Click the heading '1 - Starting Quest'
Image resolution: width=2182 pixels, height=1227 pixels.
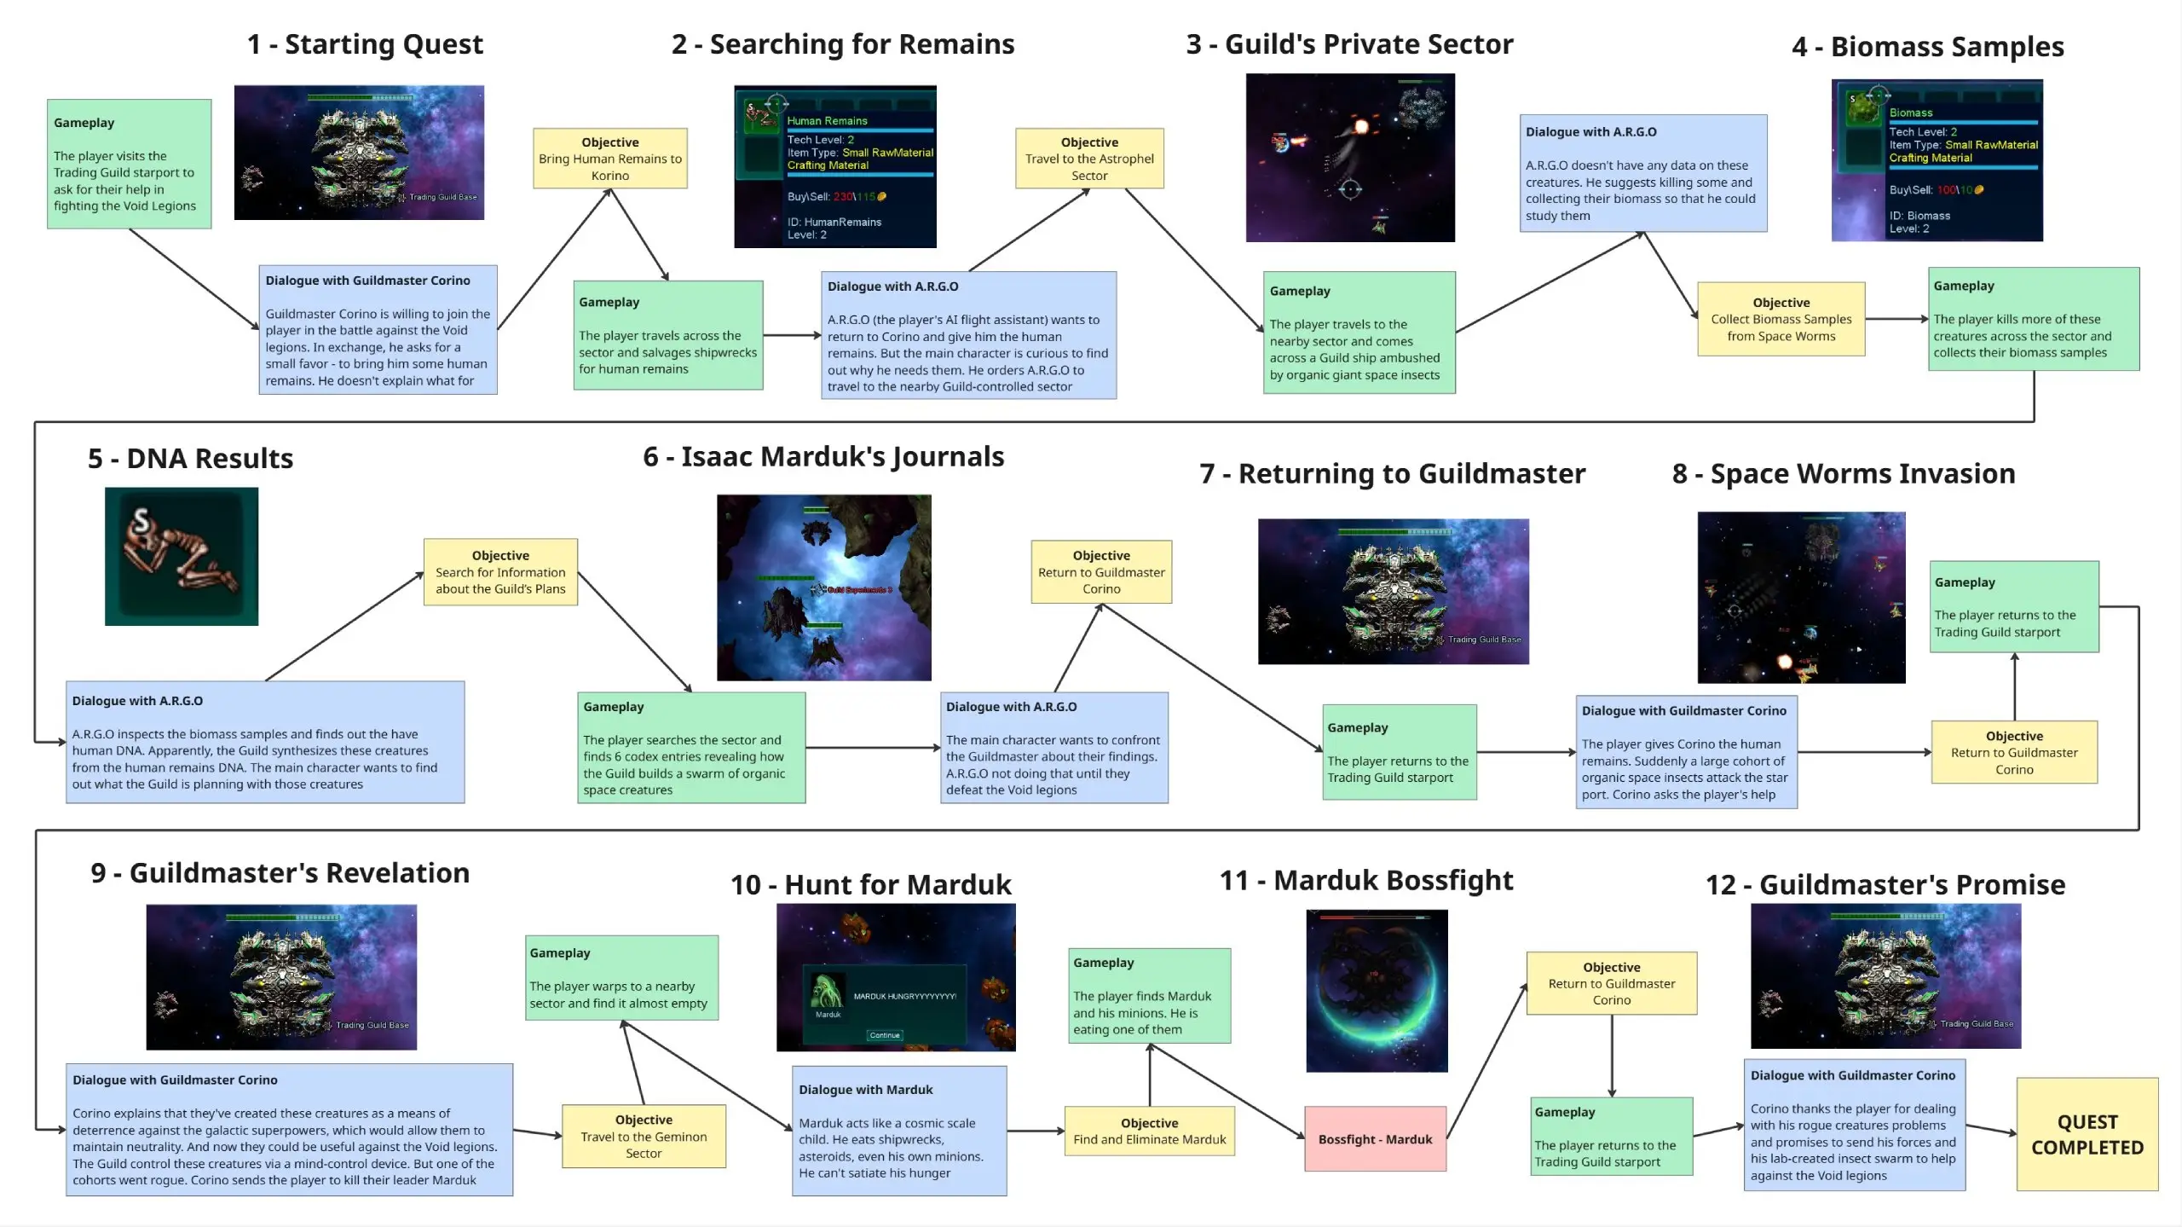(365, 44)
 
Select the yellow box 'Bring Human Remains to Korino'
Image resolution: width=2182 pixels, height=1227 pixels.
(610, 159)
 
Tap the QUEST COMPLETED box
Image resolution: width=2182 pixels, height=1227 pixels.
(2087, 1134)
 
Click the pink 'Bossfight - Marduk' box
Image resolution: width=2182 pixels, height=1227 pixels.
(1375, 1139)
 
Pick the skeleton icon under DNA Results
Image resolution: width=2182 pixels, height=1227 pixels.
(182, 556)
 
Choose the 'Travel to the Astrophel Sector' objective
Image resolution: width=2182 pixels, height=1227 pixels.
(1089, 159)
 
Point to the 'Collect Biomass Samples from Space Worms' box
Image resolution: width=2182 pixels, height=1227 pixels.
(1781, 319)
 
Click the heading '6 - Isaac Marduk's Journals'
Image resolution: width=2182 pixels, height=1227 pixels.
(823, 457)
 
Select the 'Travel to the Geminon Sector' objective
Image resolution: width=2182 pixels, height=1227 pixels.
(644, 1137)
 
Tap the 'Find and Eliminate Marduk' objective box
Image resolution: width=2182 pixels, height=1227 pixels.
(1149, 1132)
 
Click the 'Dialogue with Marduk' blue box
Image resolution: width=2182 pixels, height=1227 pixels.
(899, 1131)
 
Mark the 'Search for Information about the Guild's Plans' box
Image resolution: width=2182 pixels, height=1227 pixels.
(500, 572)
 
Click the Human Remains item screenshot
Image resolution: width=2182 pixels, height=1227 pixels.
(835, 167)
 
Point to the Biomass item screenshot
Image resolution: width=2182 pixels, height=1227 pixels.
(1937, 161)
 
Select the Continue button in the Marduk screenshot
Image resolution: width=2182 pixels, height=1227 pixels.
(885, 1035)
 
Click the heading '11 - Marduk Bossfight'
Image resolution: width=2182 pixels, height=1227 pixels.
(1366, 880)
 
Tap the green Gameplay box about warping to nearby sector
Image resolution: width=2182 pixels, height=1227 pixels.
(621, 978)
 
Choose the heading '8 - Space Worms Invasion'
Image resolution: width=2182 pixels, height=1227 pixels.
(1844, 474)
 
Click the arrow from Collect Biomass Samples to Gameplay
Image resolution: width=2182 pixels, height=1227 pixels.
(1896, 319)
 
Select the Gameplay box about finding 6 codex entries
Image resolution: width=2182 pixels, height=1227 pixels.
(691, 748)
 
